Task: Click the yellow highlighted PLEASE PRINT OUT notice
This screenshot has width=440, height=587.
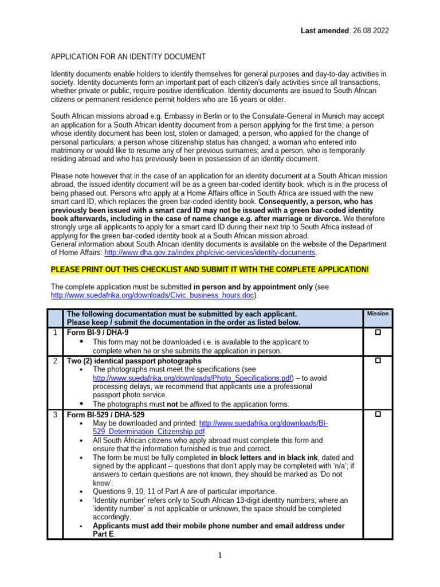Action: coord(210,269)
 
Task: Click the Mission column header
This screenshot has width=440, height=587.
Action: coord(378,314)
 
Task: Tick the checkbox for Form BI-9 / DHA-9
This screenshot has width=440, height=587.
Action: coord(378,332)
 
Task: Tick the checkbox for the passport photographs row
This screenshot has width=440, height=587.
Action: coord(378,361)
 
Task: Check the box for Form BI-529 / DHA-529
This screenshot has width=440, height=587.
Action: coord(378,414)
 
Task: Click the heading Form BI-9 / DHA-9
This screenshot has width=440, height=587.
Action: coord(98,332)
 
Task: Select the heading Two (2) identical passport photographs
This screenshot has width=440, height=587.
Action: coord(134,361)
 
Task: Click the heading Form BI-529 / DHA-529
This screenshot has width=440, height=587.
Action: coord(105,414)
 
